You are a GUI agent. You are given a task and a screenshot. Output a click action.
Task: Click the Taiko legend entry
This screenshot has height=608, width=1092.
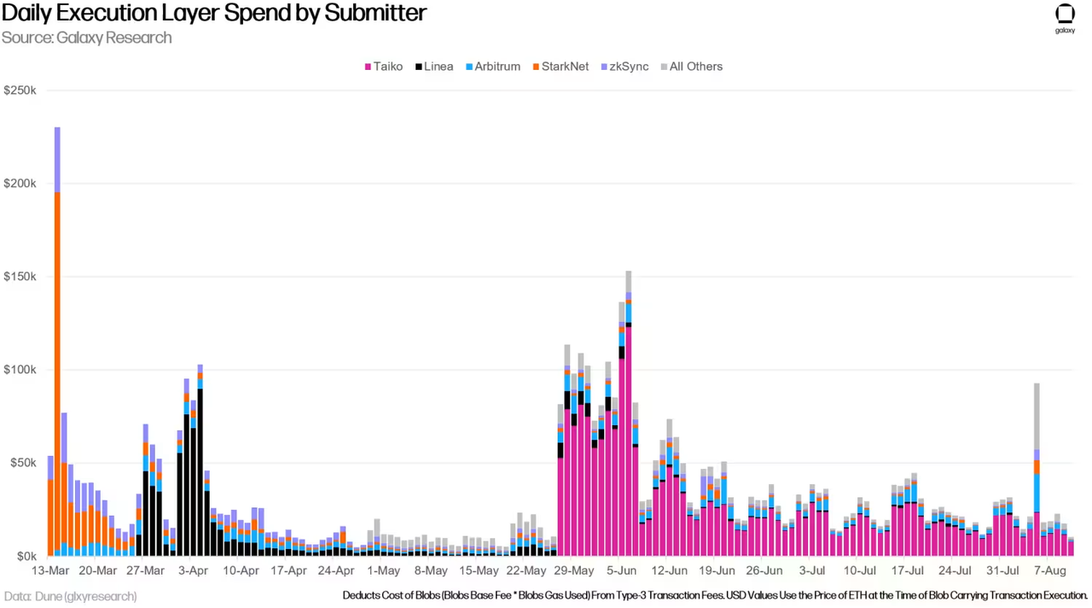click(384, 67)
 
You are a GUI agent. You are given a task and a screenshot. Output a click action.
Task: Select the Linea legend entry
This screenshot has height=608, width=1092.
click(434, 67)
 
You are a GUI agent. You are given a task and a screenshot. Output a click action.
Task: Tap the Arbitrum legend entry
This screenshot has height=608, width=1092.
click(493, 67)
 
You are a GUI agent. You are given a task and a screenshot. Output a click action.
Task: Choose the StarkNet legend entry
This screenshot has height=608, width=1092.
click(561, 67)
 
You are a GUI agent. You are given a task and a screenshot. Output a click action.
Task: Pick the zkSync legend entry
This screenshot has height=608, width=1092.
click(625, 67)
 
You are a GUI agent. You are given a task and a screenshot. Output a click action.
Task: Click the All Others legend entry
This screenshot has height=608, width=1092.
click(692, 67)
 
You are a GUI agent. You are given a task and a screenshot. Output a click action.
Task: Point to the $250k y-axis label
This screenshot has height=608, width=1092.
click(20, 91)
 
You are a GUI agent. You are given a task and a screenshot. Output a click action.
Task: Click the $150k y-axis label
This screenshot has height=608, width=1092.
click(20, 277)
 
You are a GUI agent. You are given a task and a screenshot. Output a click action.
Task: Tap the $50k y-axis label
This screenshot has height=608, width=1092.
click(23, 463)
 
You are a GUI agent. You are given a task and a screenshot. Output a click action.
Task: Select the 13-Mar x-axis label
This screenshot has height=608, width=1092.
click(50, 570)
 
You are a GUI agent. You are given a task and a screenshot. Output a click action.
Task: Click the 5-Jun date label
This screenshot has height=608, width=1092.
click(622, 570)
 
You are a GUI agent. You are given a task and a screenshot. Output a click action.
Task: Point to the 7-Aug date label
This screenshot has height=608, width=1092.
click(1050, 570)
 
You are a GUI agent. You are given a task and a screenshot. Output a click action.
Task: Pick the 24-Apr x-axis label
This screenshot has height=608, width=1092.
click(336, 570)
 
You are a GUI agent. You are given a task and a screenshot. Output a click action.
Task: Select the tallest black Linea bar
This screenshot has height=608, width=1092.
click(200, 472)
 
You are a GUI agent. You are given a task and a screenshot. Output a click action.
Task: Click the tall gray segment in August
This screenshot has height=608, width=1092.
click(1037, 416)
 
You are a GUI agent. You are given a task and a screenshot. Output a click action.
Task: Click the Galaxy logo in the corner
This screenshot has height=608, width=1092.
click(1065, 19)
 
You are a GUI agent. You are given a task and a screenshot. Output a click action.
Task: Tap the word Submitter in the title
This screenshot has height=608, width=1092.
click(375, 13)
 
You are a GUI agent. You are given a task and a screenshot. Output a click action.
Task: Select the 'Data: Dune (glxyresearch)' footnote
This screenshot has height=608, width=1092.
click(70, 596)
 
